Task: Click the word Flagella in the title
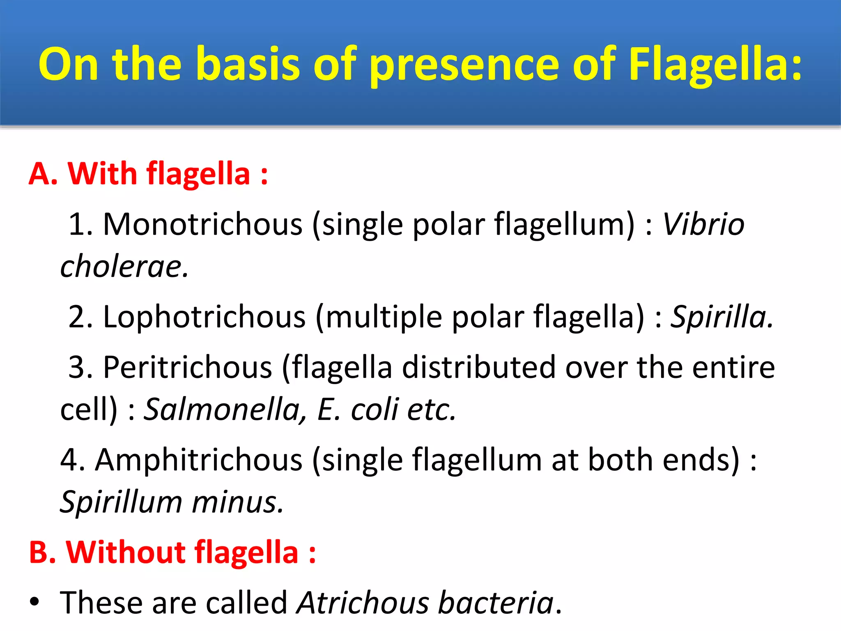point(715,64)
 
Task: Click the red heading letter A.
point(41,174)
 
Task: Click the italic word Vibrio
point(703,225)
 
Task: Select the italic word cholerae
point(123,267)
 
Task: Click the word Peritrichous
point(187,367)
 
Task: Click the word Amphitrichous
point(199,460)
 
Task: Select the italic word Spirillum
point(121,502)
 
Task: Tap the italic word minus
point(237,502)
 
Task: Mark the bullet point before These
point(34,603)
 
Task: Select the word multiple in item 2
point(384,317)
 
